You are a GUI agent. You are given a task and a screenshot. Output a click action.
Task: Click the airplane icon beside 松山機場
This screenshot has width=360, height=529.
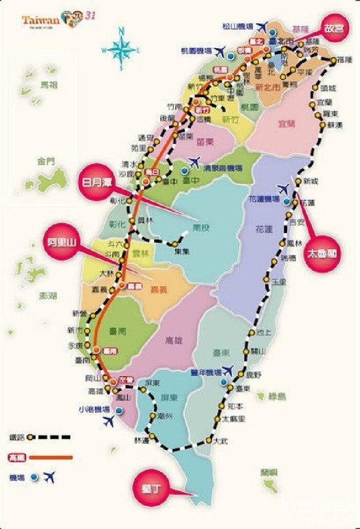pyautogui.click(x=262, y=26)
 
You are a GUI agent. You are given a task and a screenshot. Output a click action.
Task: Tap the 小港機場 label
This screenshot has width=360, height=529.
pyautogui.click(x=95, y=410)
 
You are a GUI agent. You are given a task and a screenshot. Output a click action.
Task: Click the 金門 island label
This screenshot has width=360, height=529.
pyautogui.click(x=45, y=161)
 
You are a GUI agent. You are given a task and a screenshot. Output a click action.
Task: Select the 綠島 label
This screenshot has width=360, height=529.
pyautogui.click(x=278, y=396)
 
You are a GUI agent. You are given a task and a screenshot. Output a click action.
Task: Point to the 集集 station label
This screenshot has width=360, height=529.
pyautogui.click(x=182, y=251)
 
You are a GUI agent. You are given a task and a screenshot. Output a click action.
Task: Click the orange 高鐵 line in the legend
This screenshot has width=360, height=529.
pyautogui.click(x=51, y=457)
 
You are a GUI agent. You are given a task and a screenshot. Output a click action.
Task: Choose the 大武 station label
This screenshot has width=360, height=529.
pyautogui.click(x=220, y=441)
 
